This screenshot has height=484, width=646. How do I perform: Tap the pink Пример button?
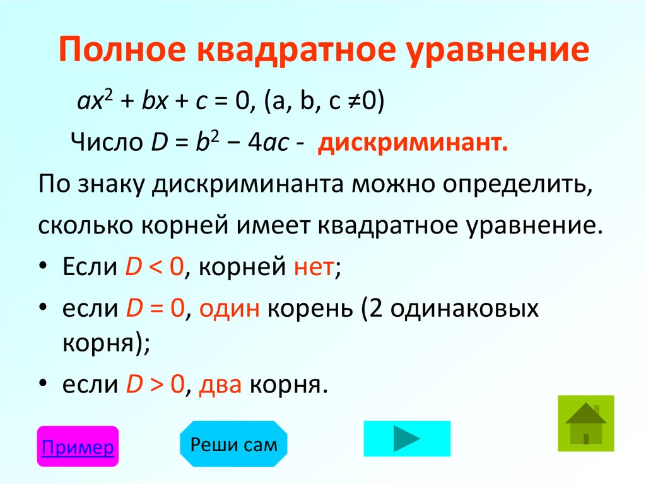(78, 447)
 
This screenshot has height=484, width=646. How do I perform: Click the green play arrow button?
(407, 438)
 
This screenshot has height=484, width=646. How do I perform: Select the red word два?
(220, 384)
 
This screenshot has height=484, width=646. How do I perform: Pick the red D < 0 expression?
(154, 269)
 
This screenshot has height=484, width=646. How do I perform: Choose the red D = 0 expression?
(154, 309)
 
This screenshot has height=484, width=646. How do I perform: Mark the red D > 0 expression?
(154, 384)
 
